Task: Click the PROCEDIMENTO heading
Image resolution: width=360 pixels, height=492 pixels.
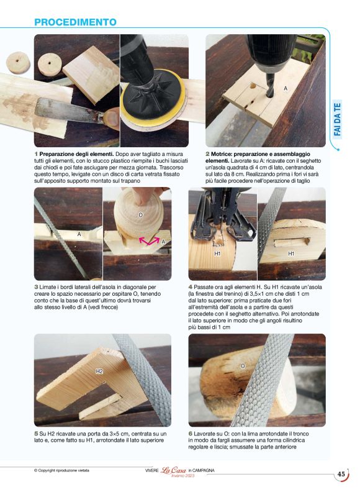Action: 75,22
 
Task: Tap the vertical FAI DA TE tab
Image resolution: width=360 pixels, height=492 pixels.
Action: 337,119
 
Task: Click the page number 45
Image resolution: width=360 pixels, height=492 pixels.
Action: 341,474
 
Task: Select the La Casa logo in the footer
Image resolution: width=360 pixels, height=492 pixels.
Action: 174,471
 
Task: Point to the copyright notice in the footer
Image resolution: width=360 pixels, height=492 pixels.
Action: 61,470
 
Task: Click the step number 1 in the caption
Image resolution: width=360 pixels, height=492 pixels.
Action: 36,154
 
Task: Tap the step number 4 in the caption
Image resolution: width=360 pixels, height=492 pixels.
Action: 191,287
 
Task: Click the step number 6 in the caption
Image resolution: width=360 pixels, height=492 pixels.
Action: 191,434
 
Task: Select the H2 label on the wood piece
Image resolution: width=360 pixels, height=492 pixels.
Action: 99,371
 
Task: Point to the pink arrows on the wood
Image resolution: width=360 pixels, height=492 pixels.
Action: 149,241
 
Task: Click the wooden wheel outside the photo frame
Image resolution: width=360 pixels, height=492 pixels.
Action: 18,63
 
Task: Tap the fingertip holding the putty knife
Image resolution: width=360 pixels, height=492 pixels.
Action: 111,119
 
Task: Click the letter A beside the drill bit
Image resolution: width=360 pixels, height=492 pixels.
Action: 286,88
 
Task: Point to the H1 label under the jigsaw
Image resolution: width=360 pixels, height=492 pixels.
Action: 217,253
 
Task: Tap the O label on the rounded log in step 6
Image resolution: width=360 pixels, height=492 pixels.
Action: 243,366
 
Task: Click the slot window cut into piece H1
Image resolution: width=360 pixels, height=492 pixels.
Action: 292,242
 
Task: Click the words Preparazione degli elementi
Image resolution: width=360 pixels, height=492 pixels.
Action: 76,154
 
